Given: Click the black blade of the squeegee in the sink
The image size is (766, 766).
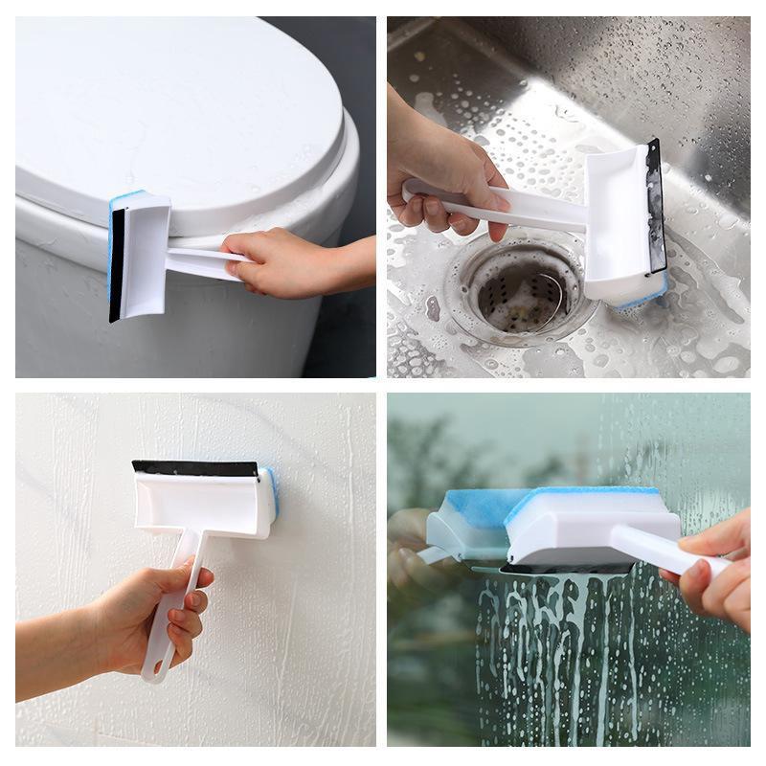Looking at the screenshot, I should pos(656,206).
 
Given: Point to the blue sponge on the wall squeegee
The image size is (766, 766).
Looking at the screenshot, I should pos(273,493).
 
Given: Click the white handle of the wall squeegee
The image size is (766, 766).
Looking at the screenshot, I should pos(177,594).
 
